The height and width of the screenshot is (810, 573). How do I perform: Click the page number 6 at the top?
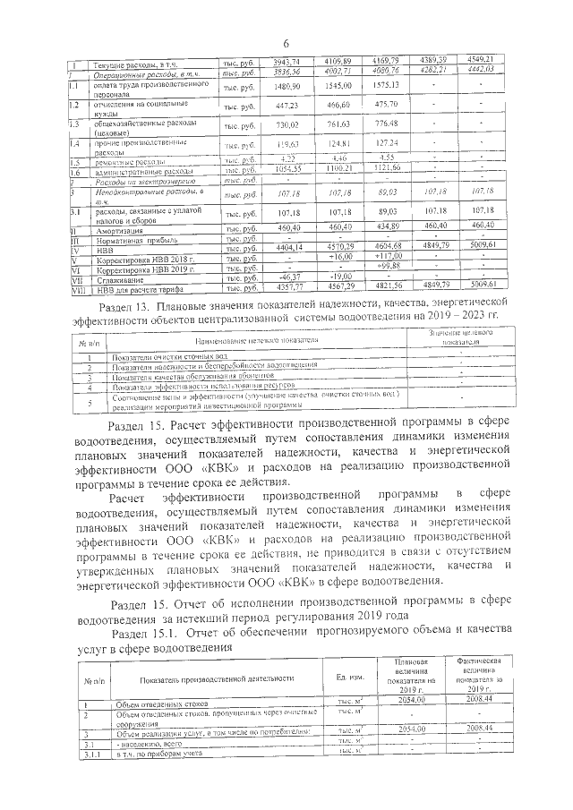pos(286,44)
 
